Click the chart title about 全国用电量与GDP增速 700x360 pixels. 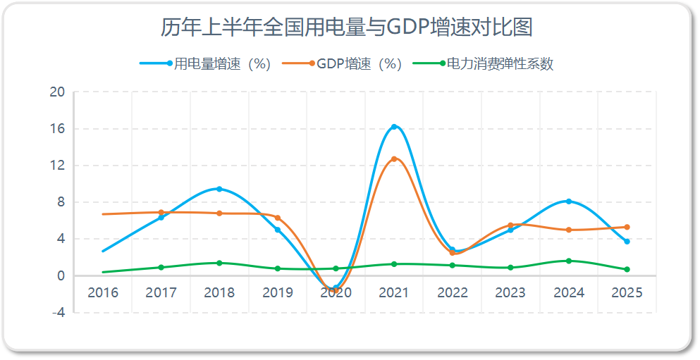point(346,27)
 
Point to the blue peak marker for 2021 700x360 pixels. point(394,127)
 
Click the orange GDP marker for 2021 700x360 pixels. point(394,159)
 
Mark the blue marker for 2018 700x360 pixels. point(219,189)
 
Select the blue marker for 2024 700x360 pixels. point(569,201)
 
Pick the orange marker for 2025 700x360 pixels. point(627,227)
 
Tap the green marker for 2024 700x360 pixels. point(569,261)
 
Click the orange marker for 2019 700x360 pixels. point(278,218)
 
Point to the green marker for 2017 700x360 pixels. point(161,267)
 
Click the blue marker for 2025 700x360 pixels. point(627,242)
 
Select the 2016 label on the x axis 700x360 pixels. point(103,293)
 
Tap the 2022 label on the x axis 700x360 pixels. point(452,293)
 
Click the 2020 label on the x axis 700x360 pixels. point(336,293)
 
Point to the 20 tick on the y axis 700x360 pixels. point(57,92)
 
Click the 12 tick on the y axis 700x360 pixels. point(57,166)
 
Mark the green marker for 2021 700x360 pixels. point(394,264)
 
